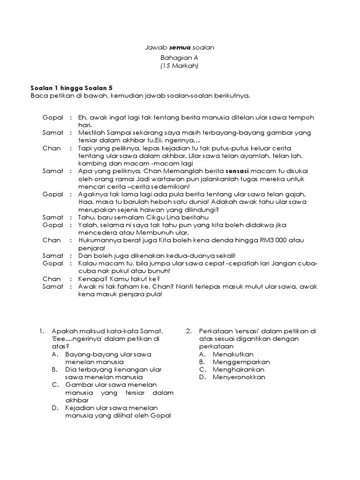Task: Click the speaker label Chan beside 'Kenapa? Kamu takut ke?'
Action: pyautogui.click(x=52, y=278)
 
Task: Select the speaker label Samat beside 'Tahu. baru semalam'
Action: pyautogui.click(x=52, y=217)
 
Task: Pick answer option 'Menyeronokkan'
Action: pyautogui.click(x=239, y=377)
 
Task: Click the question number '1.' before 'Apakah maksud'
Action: pyautogui.click(x=42, y=331)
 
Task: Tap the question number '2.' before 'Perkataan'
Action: pyautogui.click(x=188, y=331)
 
